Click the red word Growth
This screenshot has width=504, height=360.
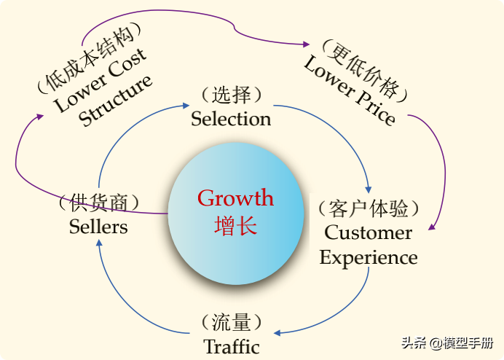[x=235, y=197]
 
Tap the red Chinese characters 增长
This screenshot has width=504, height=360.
[x=235, y=225]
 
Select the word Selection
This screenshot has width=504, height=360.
[x=231, y=118]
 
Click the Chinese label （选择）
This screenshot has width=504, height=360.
[x=231, y=95]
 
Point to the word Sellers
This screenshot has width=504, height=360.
[x=98, y=226]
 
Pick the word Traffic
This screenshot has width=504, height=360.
[x=231, y=345]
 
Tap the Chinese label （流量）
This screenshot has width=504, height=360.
[x=231, y=321]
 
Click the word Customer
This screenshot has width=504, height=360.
[x=368, y=233]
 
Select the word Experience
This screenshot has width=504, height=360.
[x=368, y=257]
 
